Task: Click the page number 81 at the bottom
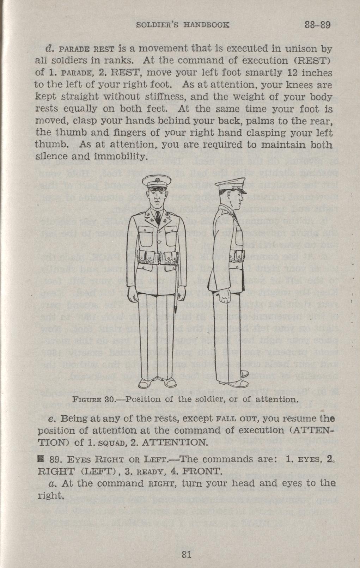point(186,544)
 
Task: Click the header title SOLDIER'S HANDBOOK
point(183,25)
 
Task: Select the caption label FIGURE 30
point(93,400)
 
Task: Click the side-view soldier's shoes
point(240,383)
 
